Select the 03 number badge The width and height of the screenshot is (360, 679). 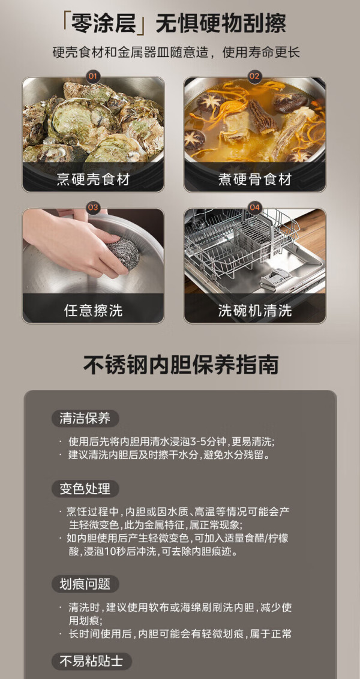[93, 208]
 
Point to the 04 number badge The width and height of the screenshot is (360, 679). [254, 208]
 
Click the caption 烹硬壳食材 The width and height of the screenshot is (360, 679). [93, 179]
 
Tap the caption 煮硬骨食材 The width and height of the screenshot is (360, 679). [255, 179]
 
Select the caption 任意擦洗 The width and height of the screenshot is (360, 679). [93, 310]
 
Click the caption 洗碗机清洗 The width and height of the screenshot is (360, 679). [255, 310]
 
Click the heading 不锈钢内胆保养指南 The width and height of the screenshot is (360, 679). [181, 365]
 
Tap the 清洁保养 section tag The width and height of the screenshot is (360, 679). [85, 418]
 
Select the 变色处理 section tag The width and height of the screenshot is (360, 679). [85, 489]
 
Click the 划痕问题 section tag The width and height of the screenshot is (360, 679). [85, 584]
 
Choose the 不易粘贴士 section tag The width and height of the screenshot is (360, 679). [91, 662]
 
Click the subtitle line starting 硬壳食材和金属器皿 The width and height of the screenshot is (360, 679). [176, 53]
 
